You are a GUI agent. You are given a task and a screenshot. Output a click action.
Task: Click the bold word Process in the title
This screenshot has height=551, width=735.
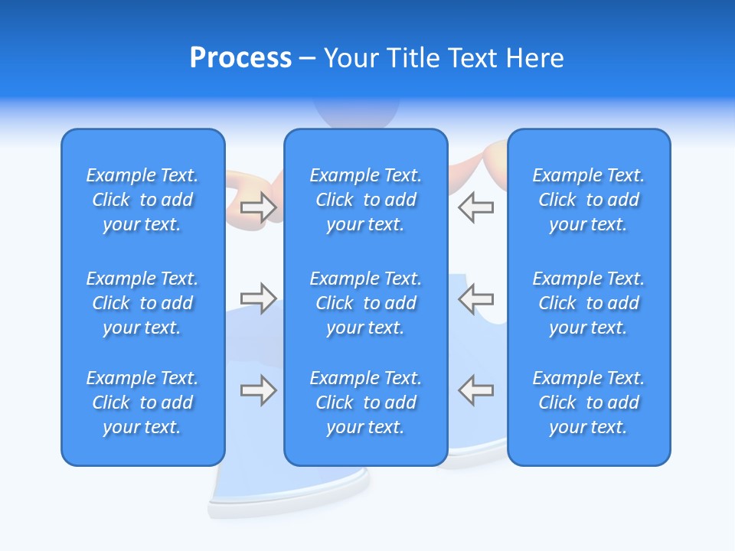pyautogui.click(x=240, y=58)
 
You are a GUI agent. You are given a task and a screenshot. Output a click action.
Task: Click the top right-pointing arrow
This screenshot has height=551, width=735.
pyautogui.click(x=258, y=207)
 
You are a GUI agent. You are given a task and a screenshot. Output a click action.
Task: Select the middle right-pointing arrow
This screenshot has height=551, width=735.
pyautogui.click(x=258, y=298)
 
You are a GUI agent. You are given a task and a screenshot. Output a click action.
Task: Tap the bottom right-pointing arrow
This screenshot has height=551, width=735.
pyautogui.click(x=258, y=390)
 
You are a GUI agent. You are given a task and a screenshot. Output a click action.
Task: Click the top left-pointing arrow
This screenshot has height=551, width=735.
pyautogui.click(x=475, y=207)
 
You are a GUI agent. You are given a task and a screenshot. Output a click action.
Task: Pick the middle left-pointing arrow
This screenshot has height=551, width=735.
pyautogui.click(x=475, y=298)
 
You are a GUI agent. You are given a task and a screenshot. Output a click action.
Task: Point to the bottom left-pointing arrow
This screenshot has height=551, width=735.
pyautogui.click(x=475, y=390)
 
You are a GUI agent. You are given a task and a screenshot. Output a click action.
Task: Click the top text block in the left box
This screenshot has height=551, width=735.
pyautogui.click(x=142, y=200)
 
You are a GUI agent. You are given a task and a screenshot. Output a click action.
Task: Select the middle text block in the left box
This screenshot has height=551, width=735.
pyautogui.click(x=142, y=303)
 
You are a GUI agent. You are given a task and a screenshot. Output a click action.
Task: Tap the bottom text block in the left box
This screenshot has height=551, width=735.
pyautogui.click(x=142, y=403)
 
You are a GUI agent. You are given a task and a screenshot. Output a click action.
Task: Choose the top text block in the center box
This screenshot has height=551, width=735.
pyautogui.click(x=366, y=200)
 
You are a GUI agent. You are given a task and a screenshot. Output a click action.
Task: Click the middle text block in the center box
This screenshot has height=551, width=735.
pyautogui.click(x=366, y=303)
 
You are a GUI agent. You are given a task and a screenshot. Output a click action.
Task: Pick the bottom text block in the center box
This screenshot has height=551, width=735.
pyautogui.click(x=366, y=403)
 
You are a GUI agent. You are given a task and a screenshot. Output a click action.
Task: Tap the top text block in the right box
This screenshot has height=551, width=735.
pyautogui.click(x=589, y=200)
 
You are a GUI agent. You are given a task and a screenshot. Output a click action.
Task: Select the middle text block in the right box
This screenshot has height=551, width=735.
pyautogui.click(x=589, y=303)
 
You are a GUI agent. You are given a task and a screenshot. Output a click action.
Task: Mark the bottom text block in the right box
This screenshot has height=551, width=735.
pyautogui.click(x=589, y=403)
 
